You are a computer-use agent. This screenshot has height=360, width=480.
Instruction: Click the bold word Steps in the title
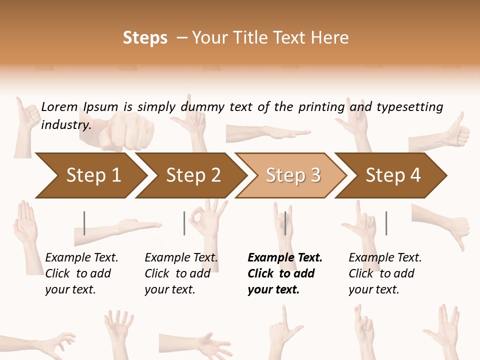145,38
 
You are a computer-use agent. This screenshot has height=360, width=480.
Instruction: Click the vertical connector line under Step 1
84,223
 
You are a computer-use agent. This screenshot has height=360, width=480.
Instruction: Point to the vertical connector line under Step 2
184,223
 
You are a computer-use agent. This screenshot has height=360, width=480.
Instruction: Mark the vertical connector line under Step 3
285,223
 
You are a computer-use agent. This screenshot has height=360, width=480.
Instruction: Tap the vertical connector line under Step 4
386,223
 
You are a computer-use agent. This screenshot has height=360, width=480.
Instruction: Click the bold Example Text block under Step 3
284,273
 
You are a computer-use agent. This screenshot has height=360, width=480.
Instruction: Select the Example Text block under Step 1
81,273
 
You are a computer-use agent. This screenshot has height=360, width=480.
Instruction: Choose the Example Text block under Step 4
384,273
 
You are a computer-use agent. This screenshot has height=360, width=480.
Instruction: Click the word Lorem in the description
59,106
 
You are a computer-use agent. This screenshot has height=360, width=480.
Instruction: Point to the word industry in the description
65,125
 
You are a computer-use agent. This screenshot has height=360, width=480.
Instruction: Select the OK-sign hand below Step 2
206,220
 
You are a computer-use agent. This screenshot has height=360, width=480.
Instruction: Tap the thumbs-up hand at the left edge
26,122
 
